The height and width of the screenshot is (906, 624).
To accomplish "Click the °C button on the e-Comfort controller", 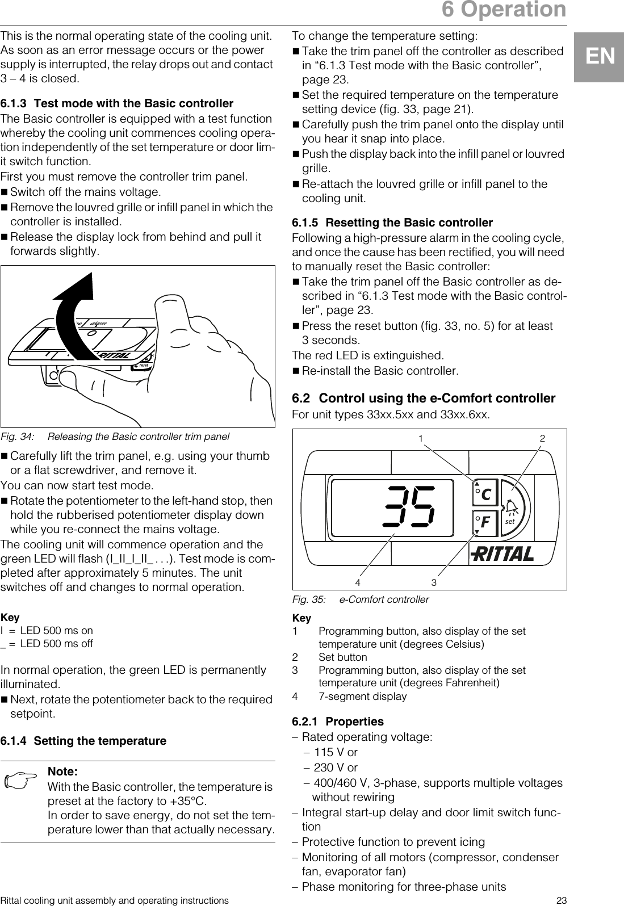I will [x=484, y=494].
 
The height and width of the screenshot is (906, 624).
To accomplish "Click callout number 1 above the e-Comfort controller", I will [x=421, y=439].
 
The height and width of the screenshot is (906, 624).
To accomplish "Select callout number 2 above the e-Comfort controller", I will [x=542, y=439].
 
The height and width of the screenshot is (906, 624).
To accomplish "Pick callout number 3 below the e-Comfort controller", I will [x=434, y=582].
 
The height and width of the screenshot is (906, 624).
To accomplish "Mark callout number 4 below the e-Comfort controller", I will [x=358, y=582].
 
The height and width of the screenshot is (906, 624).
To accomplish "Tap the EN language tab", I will [x=600, y=57].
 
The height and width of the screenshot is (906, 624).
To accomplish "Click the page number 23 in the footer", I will [x=562, y=900].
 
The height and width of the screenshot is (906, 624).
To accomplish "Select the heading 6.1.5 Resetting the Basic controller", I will [x=392, y=223].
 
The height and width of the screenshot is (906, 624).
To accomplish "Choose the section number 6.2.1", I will [x=305, y=722].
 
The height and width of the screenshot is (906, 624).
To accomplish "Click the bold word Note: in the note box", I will [x=62, y=771].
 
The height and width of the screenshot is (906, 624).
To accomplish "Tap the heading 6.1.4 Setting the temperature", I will [x=83, y=741].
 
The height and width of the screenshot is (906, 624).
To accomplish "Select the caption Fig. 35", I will [x=360, y=599].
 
